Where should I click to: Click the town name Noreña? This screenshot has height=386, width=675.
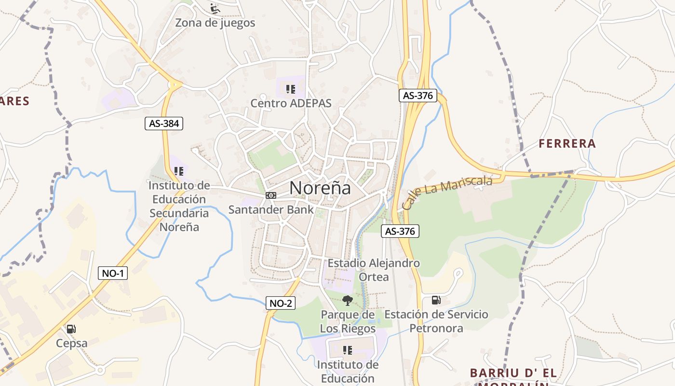click(320, 188)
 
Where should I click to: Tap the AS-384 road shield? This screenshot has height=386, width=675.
click(164, 124)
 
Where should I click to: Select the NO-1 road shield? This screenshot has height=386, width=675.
click(113, 273)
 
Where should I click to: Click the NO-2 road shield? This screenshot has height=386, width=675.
click(280, 303)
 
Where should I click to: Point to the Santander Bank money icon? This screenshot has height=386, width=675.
click(271, 195)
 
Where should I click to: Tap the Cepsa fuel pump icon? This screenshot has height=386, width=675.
click(71, 329)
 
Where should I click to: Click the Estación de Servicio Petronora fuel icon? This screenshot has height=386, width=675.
click(436, 300)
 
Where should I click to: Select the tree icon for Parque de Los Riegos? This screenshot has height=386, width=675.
click(347, 301)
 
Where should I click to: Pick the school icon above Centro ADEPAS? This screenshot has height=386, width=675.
click(290, 89)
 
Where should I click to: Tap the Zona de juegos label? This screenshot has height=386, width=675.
click(215, 23)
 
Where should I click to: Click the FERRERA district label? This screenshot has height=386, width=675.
click(567, 143)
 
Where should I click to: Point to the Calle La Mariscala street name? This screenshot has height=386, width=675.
click(447, 192)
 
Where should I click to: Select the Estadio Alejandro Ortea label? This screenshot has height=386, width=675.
click(374, 270)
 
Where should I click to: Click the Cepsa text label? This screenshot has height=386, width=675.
click(72, 344)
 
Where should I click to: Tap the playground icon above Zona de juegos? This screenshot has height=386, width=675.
click(215, 8)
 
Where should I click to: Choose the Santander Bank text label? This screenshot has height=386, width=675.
click(270, 209)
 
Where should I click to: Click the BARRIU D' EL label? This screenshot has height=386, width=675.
click(513, 373)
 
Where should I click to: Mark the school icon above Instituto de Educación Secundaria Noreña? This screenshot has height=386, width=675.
click(179, 171)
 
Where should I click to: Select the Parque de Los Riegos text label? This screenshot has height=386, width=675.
click(348, 322)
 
